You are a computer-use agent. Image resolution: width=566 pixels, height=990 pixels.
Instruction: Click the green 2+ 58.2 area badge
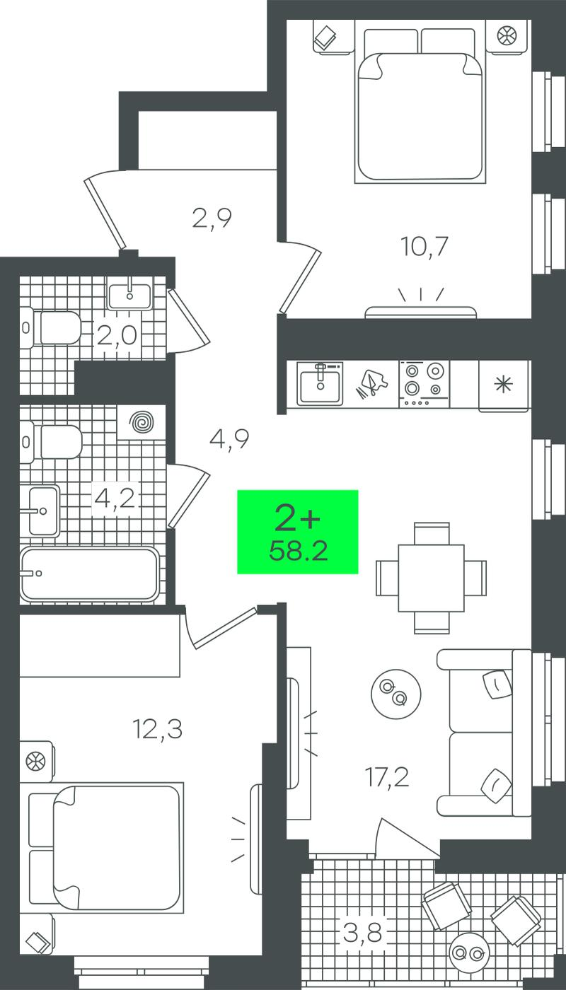tap(298, 532)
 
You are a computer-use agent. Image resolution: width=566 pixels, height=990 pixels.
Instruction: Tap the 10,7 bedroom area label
tap(424, 247)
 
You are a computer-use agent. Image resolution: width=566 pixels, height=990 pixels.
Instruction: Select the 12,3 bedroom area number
tap(158, 729)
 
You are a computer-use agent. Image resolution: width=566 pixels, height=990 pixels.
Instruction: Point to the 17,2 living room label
tap(387, 777)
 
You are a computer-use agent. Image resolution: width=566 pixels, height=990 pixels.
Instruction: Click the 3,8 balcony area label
tap(362, 933)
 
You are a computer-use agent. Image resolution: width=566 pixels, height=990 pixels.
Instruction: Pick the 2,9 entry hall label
tap(212, 218)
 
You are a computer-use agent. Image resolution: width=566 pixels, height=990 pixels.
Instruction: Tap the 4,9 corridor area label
tap(229, 439)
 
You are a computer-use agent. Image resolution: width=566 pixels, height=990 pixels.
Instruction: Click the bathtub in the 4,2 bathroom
tap(89, 575)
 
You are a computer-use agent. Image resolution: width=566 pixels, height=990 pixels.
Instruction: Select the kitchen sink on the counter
tap(320, 383)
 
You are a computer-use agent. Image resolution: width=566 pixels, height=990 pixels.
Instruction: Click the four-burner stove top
tap(424, 383)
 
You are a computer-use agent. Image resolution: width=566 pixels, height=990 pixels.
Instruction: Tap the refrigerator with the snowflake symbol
tap(504, 386)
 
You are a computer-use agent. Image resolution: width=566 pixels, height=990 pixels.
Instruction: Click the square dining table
tap(431, 578)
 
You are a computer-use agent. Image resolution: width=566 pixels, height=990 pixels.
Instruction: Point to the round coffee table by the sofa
tap(395, 694)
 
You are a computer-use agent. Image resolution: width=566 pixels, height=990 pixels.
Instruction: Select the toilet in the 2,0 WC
tap(50, 327)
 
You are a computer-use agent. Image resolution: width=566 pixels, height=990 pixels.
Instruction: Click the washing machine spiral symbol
tap(142, 423)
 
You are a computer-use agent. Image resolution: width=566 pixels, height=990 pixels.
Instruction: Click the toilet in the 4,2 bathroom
tap(51, 442)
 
